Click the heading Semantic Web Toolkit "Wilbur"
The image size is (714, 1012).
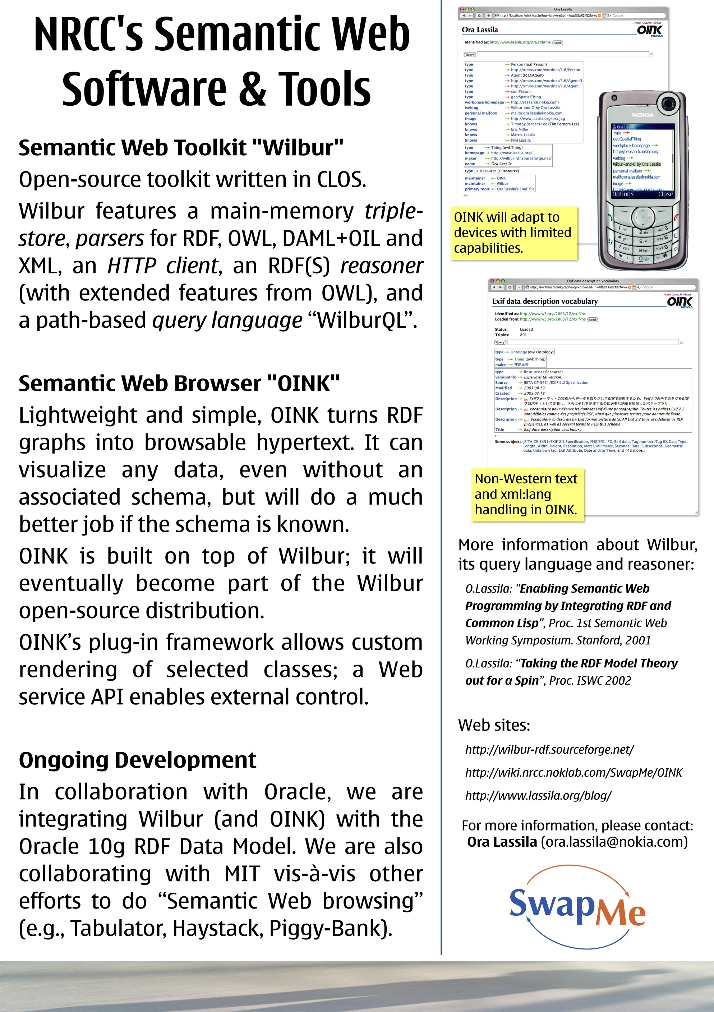click(181, 148)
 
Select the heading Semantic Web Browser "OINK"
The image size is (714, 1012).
click(179, 383)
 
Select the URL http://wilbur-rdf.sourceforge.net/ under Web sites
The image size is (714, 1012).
click(549, 749)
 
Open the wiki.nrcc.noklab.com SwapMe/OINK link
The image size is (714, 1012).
click(573, 772)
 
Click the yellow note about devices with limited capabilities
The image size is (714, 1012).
click(513, 233)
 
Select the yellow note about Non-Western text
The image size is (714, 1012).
click(527, 494)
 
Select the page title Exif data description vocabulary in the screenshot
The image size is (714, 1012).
click(545, 302)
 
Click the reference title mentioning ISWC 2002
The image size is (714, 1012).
click(571, 672)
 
